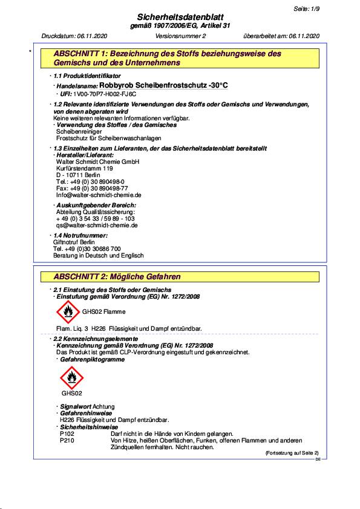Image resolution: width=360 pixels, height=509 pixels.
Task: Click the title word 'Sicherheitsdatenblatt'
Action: (180, 18)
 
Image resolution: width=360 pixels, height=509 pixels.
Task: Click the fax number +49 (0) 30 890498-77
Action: (92, 188)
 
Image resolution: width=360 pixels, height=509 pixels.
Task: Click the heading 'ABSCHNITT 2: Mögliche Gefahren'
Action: (117, 277)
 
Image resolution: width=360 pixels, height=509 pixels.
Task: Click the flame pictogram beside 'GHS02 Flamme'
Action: (67, 312)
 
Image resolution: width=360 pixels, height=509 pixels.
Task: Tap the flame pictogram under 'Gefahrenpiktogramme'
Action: (71, 378)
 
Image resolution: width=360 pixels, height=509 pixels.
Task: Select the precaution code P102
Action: (67, 434)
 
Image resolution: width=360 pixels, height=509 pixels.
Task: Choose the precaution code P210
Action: (67, 441)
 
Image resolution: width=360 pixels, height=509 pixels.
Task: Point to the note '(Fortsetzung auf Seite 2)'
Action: (292, 453)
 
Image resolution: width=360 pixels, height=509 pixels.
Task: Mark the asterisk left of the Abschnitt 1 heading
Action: (30, 53)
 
